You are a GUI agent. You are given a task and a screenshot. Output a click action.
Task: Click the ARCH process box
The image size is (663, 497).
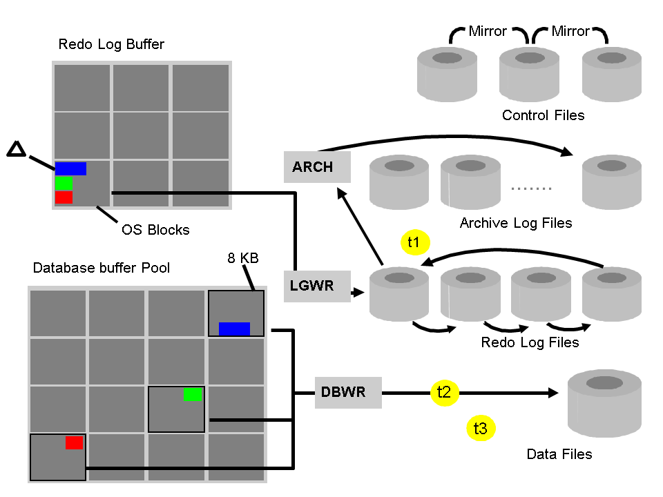click(317, 167)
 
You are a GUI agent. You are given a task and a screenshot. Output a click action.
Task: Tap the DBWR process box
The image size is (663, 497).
click(348, 392)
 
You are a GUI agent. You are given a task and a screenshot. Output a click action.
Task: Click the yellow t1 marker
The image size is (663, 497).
click(414, 242)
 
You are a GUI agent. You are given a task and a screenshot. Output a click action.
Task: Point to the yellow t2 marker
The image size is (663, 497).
click(444, 392)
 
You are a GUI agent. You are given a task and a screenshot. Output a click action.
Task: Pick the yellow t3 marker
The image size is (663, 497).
click(480, 429)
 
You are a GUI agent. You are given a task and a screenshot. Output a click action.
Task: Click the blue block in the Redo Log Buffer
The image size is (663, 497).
click(70, 168)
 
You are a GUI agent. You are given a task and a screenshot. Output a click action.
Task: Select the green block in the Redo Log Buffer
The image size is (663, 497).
click(64, 183)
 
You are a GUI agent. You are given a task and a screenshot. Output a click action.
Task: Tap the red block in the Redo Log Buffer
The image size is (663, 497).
click(64, 197)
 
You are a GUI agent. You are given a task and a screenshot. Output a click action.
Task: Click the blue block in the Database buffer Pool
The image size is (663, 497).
click(234, 329)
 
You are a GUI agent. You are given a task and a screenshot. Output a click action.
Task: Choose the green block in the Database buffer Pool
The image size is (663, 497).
click(193, 394)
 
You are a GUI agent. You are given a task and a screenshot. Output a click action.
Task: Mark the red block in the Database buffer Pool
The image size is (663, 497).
click(74, 442)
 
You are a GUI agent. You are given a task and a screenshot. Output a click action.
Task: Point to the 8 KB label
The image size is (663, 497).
click(243, 259)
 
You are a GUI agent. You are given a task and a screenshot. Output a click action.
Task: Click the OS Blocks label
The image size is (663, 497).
click(155, 229)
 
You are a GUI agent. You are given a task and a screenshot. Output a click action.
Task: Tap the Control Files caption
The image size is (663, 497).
click(543, 115)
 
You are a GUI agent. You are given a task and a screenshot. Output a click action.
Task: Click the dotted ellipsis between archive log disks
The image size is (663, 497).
click(532, 188)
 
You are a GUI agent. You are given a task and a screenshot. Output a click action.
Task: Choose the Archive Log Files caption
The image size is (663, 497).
click(516, 223)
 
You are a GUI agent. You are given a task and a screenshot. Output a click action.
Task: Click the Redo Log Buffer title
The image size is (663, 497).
click(111, 45)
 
